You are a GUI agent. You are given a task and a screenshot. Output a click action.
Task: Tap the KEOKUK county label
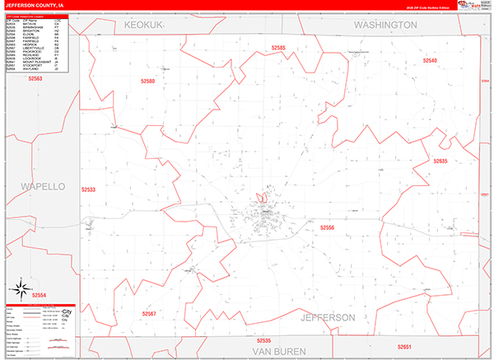146,26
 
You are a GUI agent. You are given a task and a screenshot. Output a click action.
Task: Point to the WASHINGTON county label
385,26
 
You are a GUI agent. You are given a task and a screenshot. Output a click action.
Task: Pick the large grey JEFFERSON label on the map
328,317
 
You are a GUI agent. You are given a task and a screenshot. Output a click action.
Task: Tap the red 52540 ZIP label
431,61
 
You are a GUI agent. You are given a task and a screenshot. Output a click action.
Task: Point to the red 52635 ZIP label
440,161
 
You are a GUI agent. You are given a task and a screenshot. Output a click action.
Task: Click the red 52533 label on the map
89,189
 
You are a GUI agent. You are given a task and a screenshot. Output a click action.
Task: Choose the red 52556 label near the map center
328,227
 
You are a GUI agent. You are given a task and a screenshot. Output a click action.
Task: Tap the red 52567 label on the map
149,313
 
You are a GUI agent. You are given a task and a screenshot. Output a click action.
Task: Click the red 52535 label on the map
263,340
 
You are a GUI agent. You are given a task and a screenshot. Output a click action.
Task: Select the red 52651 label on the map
403,347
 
